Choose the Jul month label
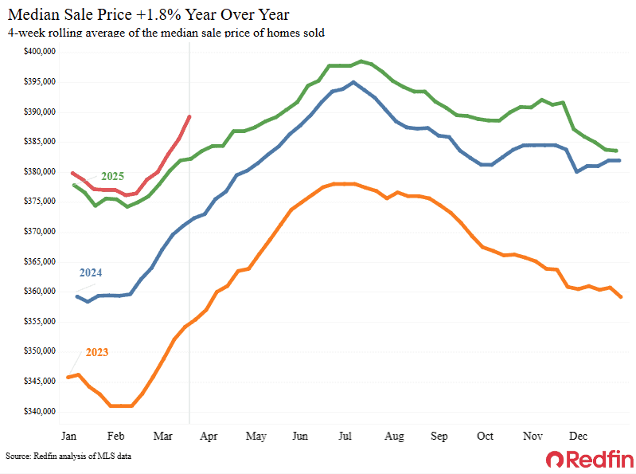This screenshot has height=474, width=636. [x=346, y=437]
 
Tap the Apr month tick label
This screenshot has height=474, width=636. [x=209, y=437]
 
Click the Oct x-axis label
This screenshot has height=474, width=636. [x=485, y=437]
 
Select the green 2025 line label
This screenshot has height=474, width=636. [x=112, y=175]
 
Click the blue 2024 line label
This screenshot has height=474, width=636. [x=90, y=272]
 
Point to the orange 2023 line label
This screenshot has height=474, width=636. [x=91, y=351]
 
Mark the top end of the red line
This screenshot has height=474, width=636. [x=189, y=117]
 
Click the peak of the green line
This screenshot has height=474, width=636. [x=361, y=61]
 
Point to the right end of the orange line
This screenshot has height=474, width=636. [x=620, y=297]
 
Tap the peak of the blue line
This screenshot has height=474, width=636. [x=353, y=82]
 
